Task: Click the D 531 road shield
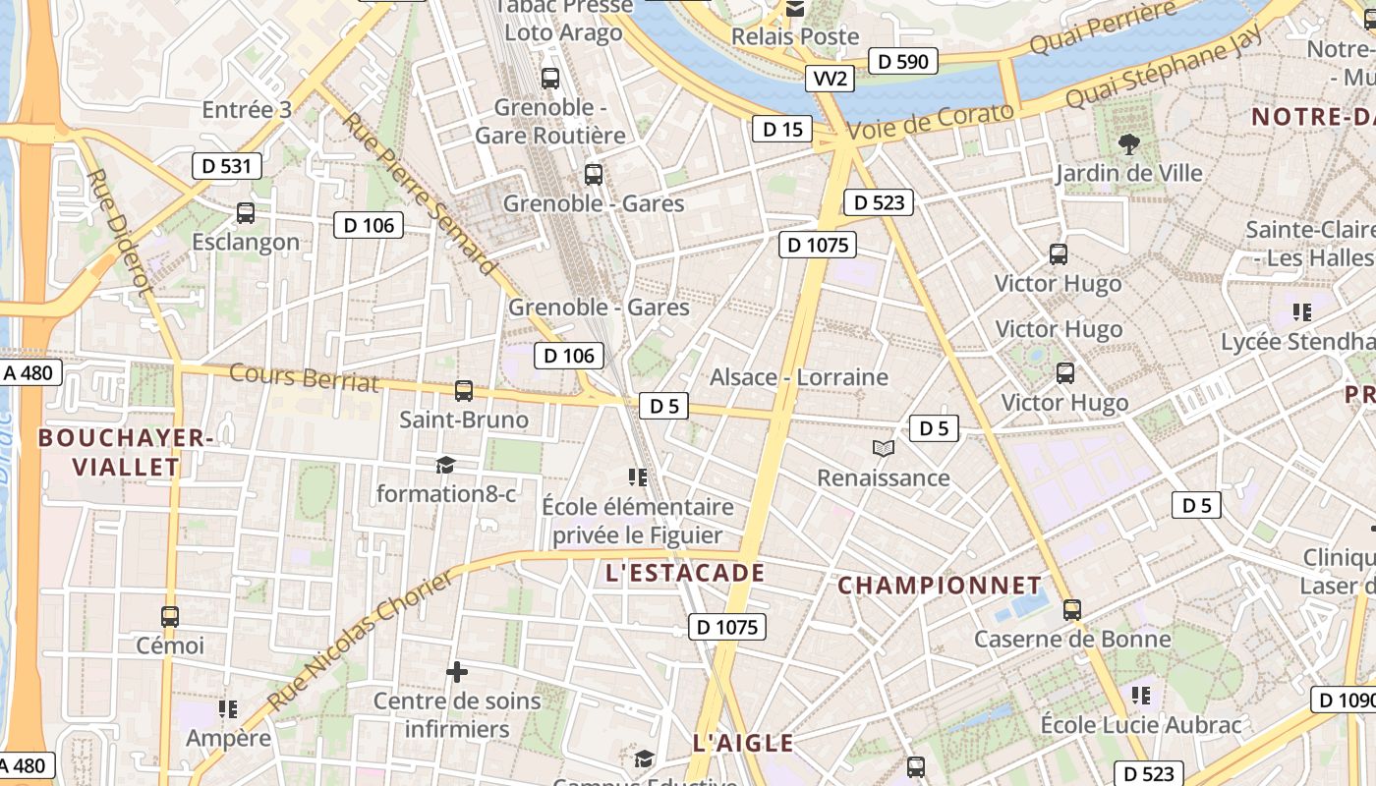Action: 226,166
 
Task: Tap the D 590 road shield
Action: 902,61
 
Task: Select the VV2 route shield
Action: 830,79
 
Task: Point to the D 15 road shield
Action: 782,129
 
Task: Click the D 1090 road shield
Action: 1344,700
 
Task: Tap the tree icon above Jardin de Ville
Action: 1129,143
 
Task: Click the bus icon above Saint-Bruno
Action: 464,391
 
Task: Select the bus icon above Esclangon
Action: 246,212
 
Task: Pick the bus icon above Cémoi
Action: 170,617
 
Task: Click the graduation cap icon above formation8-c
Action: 446,465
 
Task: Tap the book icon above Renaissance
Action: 884,449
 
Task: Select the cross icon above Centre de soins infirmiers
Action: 457,672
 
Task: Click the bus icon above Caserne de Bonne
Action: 1072,610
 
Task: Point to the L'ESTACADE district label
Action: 685,573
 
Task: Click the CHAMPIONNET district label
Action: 939,586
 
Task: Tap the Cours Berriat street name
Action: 304,377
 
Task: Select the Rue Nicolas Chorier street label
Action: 362,641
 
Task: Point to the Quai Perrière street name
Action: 1103,30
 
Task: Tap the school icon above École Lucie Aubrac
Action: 1141,696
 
